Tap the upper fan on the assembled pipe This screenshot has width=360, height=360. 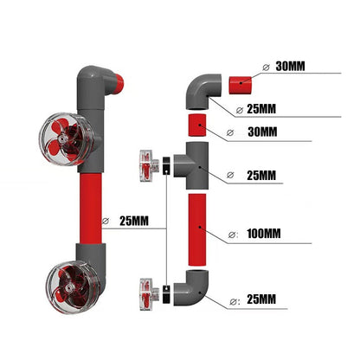[x=63, y=139]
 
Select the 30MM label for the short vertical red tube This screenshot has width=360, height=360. [x=262, y=132]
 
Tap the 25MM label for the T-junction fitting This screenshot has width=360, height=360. [x=262, y=175]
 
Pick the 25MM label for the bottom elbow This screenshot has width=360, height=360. [x=262, y=300]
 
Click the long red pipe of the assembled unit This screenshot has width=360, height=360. [x=91, y=211]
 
